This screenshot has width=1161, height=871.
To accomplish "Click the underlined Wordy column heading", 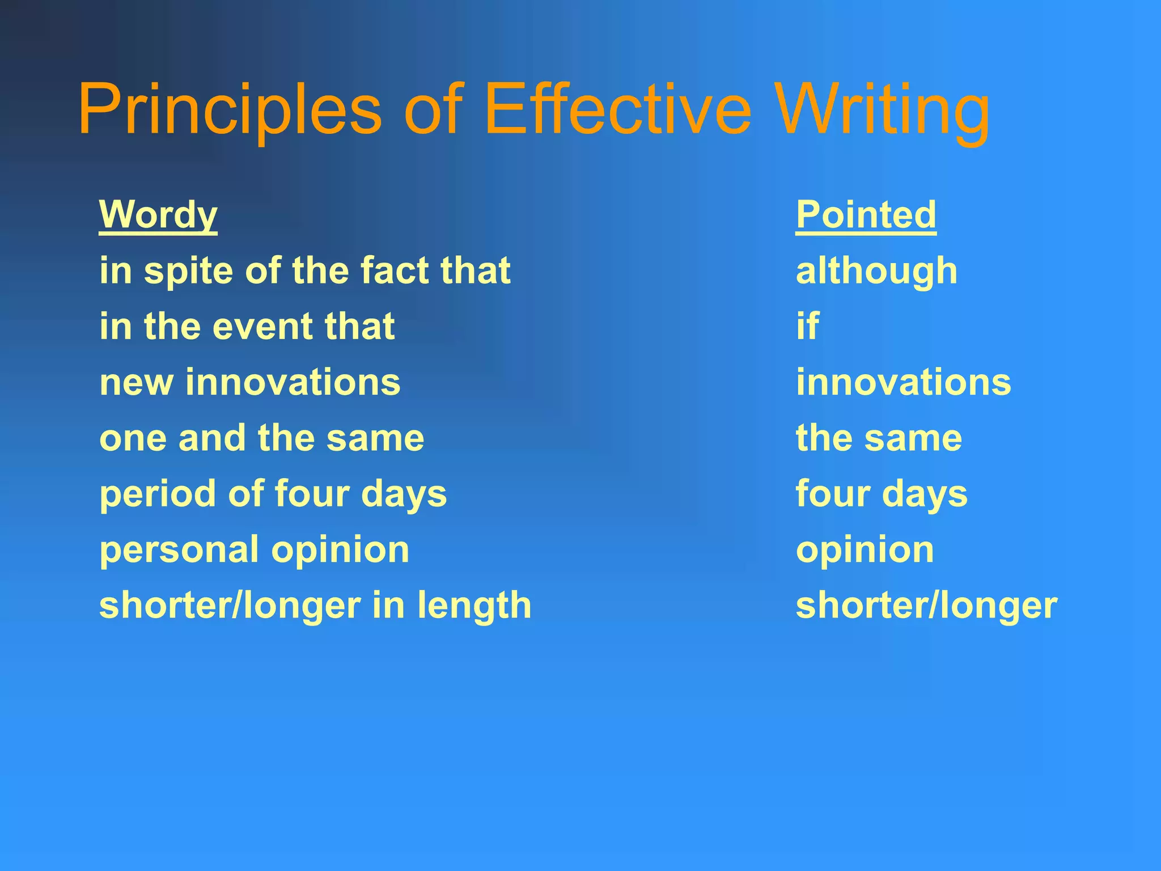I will tap(158, 214).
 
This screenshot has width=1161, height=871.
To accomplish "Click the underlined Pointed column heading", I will tap(866, 214).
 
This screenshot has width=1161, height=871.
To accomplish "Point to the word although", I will tap(876, 270).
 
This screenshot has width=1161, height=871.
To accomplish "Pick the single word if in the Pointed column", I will tap(807, 326).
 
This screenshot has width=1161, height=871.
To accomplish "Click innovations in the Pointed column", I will tap(903, 382).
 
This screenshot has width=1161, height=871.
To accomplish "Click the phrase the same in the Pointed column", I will tap(879, 438).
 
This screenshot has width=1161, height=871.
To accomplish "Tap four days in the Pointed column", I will tap(882, 494).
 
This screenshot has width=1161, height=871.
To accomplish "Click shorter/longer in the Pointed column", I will tap(926, 606).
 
